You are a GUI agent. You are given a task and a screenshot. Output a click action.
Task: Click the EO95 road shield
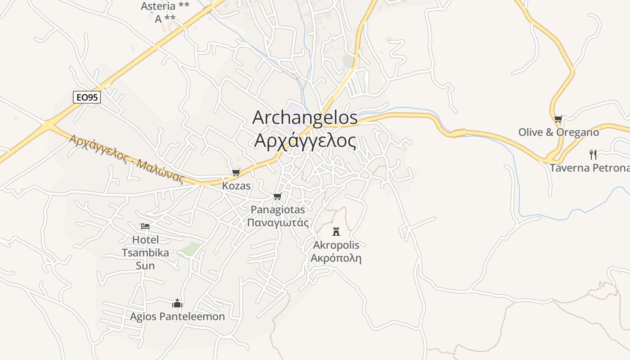click(x=87, y=97)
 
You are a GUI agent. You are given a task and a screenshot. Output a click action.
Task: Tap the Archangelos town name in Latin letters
click(x=305, y=118)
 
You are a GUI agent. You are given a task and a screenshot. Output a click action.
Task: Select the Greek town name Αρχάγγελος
click(x=305, y=140)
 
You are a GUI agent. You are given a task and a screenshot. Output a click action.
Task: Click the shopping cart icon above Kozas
click(x=236, y=172)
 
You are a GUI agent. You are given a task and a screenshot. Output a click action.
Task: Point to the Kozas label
click(x=236, y=185)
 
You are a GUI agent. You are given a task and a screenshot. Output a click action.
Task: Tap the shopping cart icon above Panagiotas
click(x=278, y=196)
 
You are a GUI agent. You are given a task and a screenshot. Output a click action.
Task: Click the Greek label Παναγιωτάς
click(x=278, y=222)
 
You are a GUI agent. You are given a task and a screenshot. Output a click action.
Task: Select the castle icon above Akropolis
click(x=336, y=232)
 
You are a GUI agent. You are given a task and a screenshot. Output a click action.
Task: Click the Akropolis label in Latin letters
click(x=336, y=245)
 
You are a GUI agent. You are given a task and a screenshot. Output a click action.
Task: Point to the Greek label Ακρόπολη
click(x=336, y=258)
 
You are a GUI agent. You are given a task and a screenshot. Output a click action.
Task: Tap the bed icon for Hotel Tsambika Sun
click(x=145, y=226)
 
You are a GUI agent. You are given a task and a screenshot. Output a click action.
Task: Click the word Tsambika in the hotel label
click(x=145, y=252)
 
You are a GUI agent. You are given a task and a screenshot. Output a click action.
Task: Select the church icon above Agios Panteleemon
click(x=177, y=303)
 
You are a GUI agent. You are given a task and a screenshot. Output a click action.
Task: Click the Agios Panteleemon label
click(x=177, y=317)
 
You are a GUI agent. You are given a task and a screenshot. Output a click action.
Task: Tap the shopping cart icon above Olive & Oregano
click(x=558, y=119)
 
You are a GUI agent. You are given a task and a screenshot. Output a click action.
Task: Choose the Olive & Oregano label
click(x=558, y=132)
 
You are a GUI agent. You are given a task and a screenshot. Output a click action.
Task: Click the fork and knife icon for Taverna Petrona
click(x=593, y=155)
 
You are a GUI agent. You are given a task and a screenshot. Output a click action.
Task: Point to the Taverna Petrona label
click(x=589, y=168)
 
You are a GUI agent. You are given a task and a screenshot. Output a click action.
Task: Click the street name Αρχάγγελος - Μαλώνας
click(x=126, y=159)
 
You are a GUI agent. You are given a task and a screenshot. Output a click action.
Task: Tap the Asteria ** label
click(x=165, y=6)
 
